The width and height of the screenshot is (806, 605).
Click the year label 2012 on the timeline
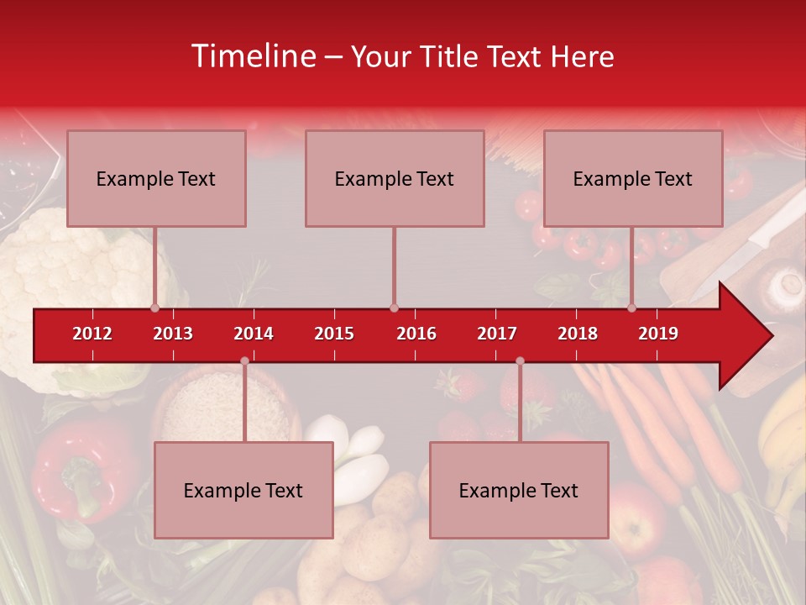tap(92, 334)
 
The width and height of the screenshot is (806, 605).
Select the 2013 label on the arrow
tap(173, 334)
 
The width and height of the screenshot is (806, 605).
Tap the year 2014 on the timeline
tap(254, 334)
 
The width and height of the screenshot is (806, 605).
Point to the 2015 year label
tap(334, 334)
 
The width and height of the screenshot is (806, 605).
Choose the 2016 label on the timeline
tap(416, 334)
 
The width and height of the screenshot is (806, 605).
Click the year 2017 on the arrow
tap(497, 334)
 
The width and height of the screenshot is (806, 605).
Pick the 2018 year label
tap(578, 334)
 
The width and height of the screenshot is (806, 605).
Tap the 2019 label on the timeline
tap(658, 334)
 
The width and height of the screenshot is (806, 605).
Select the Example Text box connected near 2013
tap(156, 178)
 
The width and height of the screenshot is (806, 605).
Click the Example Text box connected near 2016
tap(395, 178)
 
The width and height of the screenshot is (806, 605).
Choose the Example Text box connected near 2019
tap(633, 178)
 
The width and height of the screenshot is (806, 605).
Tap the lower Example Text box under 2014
tap(243, 490)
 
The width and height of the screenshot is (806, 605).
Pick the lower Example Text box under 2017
tap(519, 490)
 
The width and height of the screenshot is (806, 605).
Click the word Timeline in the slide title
tap(252, 56)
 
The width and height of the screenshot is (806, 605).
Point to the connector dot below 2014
tap(244, 360)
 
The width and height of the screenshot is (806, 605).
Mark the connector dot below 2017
tap(520, 360)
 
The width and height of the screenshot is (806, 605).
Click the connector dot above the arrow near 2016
tap(394, 308)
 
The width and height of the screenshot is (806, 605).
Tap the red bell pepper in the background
tap(80, 466)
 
